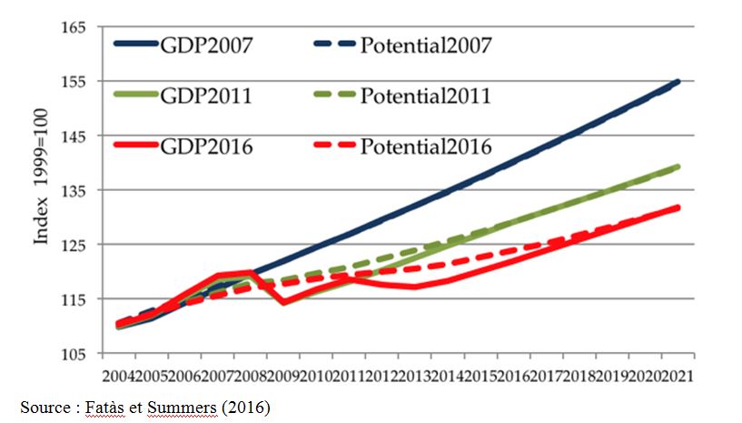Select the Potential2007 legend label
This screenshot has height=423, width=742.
tap(426, 44)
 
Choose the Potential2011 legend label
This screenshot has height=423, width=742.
tap(425, 95)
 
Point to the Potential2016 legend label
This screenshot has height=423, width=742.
tap(425, 146)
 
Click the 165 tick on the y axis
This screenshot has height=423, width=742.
tap(74, 27)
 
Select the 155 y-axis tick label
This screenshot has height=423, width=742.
tap(74, 82)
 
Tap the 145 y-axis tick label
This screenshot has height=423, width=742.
tap(74, 136)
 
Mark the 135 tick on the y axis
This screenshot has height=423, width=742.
tap(74, 191)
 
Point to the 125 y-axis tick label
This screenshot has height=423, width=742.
tap(74, 246)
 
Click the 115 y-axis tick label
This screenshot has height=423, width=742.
tap(74, 300)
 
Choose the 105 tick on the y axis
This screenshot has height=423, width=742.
tap(74, 354)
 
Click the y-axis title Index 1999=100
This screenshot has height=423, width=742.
tap(42, 190)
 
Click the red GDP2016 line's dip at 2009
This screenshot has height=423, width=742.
tap(285, 302)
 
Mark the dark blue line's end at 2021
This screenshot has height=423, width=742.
tap(678, 82)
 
